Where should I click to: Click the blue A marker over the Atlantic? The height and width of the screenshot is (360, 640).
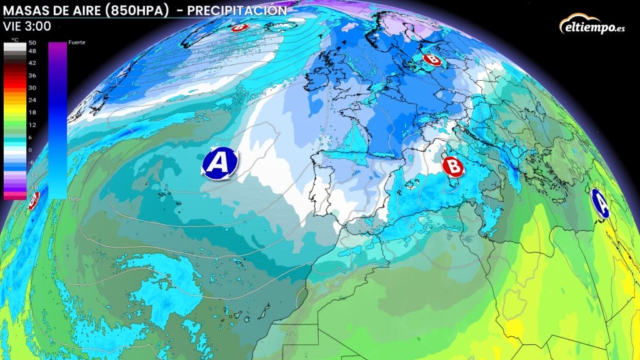pos(219,162)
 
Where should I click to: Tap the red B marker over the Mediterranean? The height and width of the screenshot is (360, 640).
pos(452,166)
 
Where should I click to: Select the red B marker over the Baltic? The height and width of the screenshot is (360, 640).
pos(431,59)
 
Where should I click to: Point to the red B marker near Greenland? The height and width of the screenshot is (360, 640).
pos(239,27)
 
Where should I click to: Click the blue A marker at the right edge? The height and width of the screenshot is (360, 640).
pos(600,203)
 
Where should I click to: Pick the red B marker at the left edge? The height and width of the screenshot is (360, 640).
pos(34,199)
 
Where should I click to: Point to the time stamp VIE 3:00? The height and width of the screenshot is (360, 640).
pos(27,26)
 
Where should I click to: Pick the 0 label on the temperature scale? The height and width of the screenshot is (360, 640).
pos(31,151)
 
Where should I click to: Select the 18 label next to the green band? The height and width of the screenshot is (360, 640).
pos(31,112)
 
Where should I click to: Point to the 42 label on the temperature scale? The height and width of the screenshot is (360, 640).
pos(31,63)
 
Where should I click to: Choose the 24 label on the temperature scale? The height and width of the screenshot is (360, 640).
pos(31,99)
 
